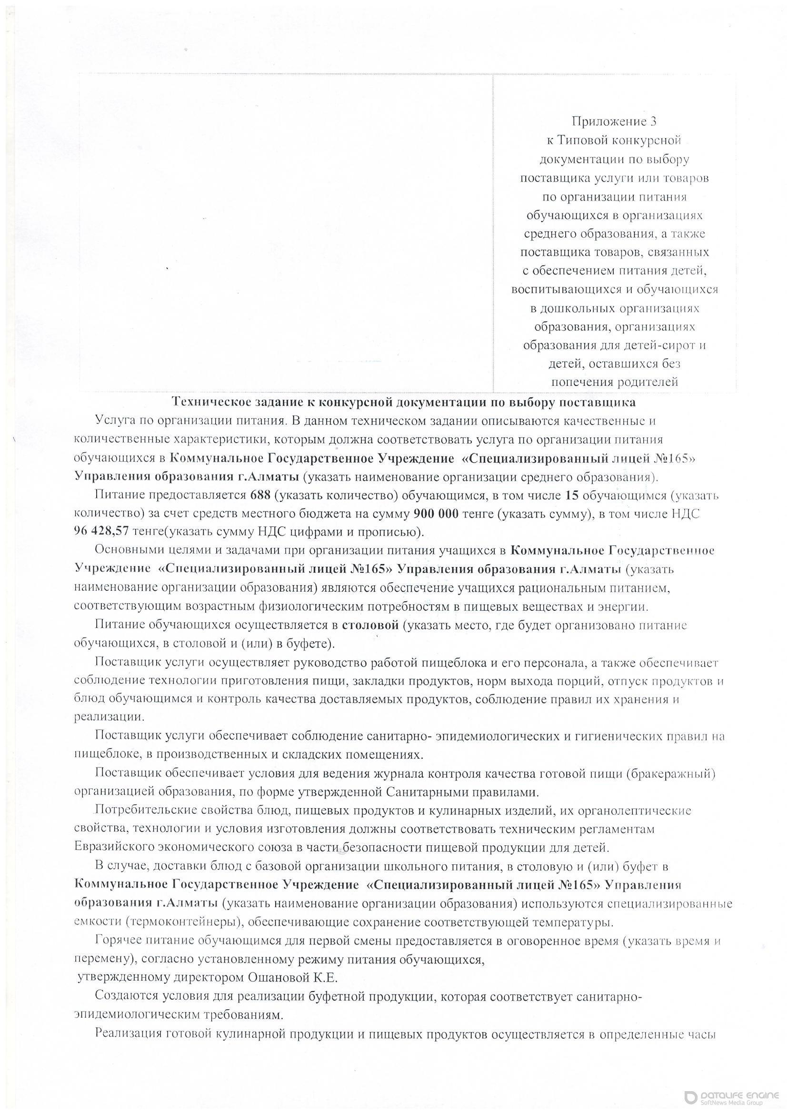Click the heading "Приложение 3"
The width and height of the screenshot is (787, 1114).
(614, 121)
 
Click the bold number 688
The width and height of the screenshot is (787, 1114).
(261, 496)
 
